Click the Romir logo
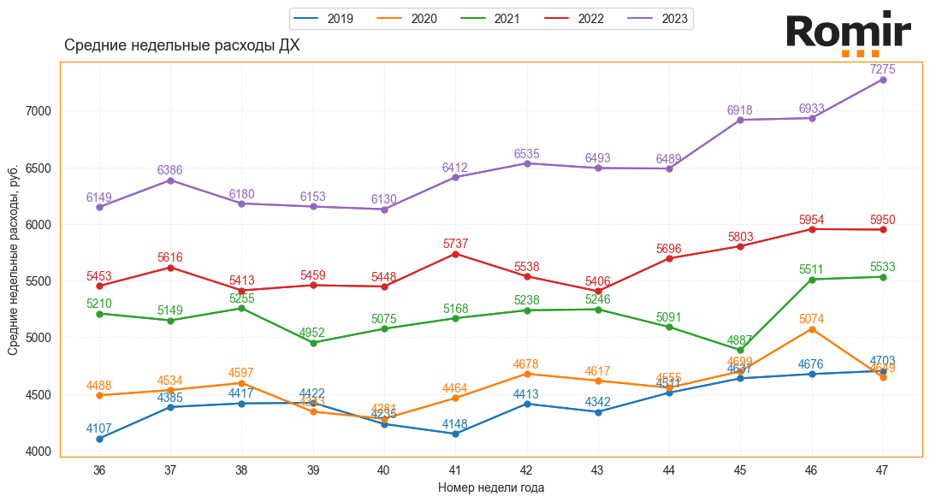click(848, 34)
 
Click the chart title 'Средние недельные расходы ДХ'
click(182, 45)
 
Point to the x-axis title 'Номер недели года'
click(491, 487)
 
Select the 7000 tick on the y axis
click(39, 111)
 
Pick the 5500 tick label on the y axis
click(39, 281)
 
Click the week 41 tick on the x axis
click(455, 470)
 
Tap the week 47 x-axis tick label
click(883, 470)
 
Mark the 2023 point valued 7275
click(883, 80)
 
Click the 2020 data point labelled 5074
click(812, 329)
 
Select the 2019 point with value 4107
click(99, 439)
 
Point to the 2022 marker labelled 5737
click(455, 254)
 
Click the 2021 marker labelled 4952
click(313, 343)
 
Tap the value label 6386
click(170, 171)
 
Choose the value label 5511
click(812, 269)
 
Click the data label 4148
click(455, 424)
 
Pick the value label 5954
click(812, 220)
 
